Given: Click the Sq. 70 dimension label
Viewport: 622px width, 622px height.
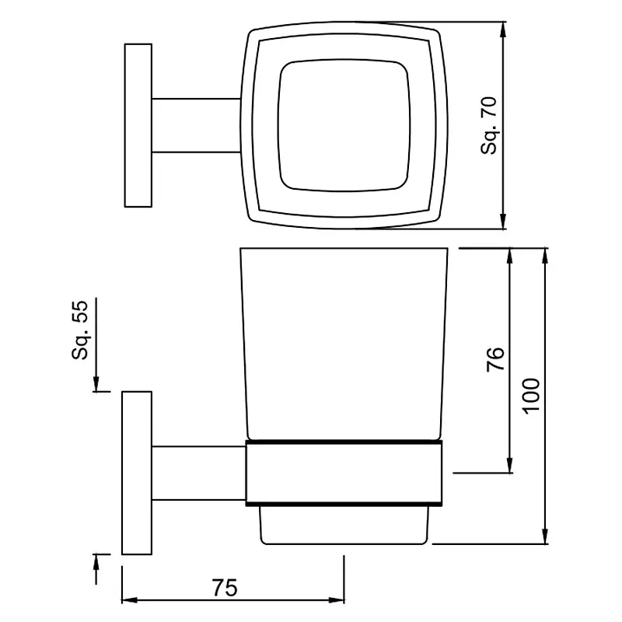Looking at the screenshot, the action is (x=488, y=125).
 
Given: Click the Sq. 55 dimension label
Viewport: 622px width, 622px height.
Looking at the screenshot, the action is (x=80, y=330).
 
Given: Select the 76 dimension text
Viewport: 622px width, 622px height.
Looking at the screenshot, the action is (x=495, y=359).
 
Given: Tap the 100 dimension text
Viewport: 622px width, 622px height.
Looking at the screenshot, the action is (x=531, y=397).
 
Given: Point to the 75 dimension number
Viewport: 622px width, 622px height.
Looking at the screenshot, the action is (x=225, y=588).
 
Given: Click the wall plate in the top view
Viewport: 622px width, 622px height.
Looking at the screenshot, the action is (x=138, y=125).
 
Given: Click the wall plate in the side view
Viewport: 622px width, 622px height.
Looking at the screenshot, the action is (x=137, y=473).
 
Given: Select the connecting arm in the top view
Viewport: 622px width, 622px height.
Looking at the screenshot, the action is (x=197, y=125).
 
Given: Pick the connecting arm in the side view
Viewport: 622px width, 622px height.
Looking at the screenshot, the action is (x=199, y=473).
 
